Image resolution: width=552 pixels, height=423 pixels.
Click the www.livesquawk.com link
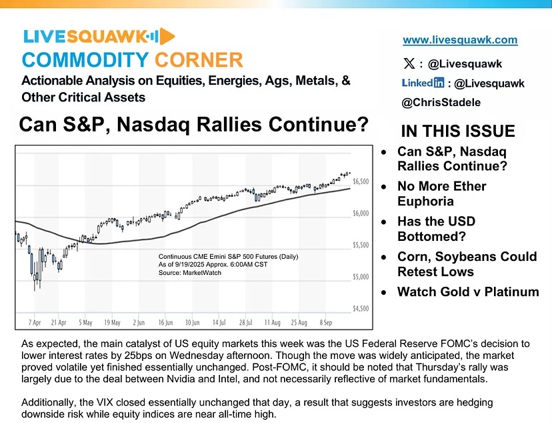pyautogui.click(x=460, y=40)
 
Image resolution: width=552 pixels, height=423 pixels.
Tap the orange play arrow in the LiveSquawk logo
pyautogui.click(x=167, y=36)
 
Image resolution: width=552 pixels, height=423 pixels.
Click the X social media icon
pyautogui.click(x=409, y=64)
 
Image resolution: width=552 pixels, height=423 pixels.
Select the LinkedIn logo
pyautogui.click(x=423, y=83)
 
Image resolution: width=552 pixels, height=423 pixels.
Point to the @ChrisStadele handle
pyautogui.click(x=441, y=103)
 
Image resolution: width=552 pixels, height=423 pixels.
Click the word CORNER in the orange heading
pyautogui.click(x=199, y=60)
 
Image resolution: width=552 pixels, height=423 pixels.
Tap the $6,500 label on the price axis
pyautogui.click(x=361, y=181)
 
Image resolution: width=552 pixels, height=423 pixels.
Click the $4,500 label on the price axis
pyautogui.click(x=361, y=308)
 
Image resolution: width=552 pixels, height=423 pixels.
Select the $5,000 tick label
pyautogui.click(x=361, y=277)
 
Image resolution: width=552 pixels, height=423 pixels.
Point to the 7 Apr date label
pyautogui.click(x=35, y=322)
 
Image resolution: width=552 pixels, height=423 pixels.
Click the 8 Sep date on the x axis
pyautogui.click(x=325, y=322)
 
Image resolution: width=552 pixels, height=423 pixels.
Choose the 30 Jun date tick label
pyautogui.click(x=192, y=322)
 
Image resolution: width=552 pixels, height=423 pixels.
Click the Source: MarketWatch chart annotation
pyautogui.click(x=190, y=273)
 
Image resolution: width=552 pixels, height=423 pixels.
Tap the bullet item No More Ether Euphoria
pyautogui.click(x=442, y=193)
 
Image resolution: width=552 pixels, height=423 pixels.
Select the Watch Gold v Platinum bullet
pyautogui.click(x=468, y=292)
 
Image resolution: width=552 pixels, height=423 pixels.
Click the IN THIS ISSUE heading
pyautogui.click(x=458, y=131)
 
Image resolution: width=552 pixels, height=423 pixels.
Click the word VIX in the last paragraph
pyautogui.click(x=105, y=402)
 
